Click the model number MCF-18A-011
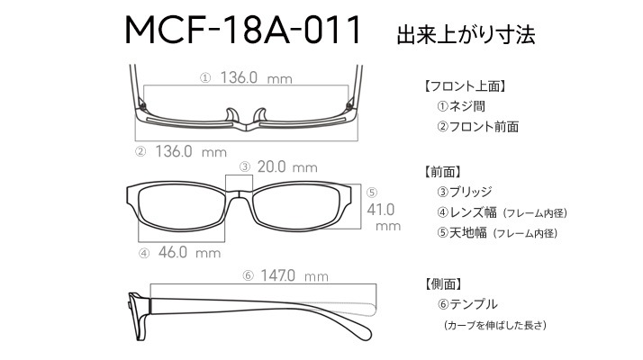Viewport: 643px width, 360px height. point(243,30)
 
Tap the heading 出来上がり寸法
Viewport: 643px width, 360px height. point(466,34)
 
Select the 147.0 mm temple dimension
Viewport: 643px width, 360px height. point(294,276)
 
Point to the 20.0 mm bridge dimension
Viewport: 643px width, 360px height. point(287,166)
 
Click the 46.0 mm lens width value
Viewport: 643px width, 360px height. point(189,252)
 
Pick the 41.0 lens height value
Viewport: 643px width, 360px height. point(381,210)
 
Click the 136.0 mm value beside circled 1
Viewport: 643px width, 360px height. point(257,77)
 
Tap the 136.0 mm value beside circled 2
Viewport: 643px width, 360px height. point(191,152)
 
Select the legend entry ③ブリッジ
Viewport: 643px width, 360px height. point(464,192)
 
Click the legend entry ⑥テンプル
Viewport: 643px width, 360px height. point(467,304)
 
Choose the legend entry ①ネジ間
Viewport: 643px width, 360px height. point(461,106)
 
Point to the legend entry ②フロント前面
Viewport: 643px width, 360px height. point(477,127)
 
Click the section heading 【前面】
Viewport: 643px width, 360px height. point(442,172)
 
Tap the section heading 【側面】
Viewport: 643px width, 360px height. point(442,283)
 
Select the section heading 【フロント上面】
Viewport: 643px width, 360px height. point(465,86)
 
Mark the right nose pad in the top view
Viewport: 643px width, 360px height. point(260,115)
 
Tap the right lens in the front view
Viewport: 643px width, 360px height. point(297,207)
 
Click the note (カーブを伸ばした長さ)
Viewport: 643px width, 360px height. point(495,326)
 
